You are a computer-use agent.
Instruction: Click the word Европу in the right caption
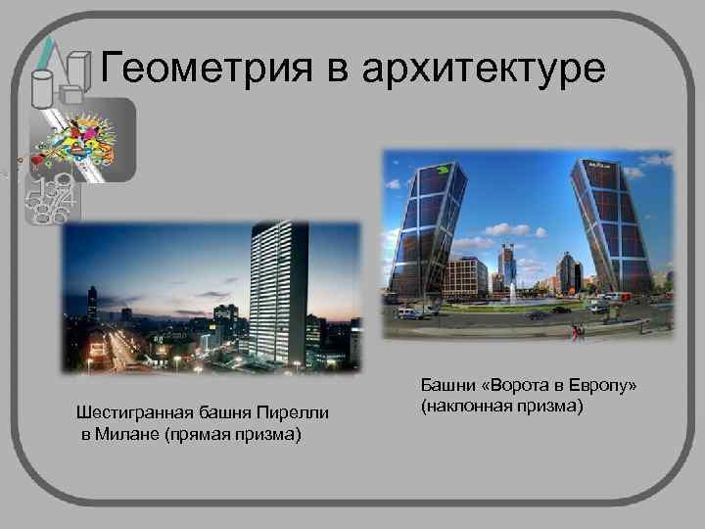pyautogui.click(x=602, y=386)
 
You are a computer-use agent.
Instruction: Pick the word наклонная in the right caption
pyautogui.click(x=467, y=405)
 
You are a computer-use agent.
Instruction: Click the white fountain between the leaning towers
pyautogui.click(x=513, y=291)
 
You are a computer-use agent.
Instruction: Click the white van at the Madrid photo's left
pyautogui.click(x=407, y=313)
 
